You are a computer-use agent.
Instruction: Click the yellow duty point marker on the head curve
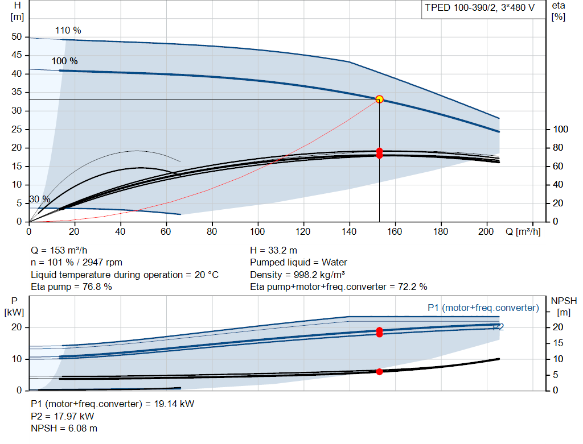click(379, 99)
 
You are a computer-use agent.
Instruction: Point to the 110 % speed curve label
click(68, 31)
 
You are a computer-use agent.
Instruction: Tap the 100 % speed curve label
click(65, 61)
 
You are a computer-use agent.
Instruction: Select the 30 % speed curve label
click(40, 200)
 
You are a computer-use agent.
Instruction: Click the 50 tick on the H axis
click(17, 37)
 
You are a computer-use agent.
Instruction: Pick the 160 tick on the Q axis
click(395, 231)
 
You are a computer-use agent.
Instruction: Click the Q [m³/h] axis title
click(523, 231)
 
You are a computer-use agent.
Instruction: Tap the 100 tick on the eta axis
click(561, 129)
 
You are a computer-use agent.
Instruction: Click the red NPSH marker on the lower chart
click(379, 372)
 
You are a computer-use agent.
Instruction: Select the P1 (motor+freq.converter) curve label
click(483, 308)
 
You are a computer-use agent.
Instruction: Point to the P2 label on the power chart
click(498, 327)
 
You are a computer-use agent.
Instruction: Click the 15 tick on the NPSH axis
click(558, 343)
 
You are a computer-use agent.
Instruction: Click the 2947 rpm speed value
click(102, 263)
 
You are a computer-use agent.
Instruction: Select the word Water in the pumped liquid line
click(334, 263)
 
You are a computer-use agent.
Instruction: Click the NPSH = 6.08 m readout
click(64, 429)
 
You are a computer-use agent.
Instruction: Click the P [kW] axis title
click(14, 306)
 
